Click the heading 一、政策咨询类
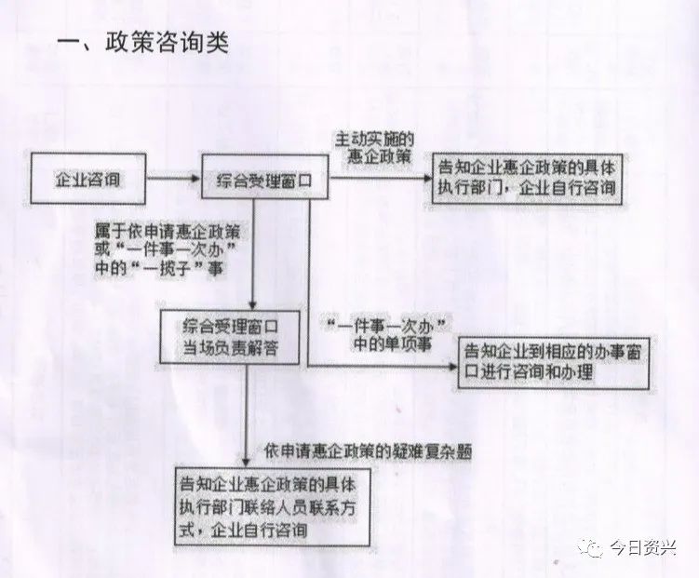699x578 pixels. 143,43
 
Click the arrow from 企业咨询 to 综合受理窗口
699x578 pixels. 174,179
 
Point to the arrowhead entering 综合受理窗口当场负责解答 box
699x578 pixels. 253,305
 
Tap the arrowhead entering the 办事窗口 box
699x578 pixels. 453,367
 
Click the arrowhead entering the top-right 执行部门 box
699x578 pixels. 427,178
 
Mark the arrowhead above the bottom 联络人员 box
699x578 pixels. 246,462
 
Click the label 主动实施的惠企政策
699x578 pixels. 374,148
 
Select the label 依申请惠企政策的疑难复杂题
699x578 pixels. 368,452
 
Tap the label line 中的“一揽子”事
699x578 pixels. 159,269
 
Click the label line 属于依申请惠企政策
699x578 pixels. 168,232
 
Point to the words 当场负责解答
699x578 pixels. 230,347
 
